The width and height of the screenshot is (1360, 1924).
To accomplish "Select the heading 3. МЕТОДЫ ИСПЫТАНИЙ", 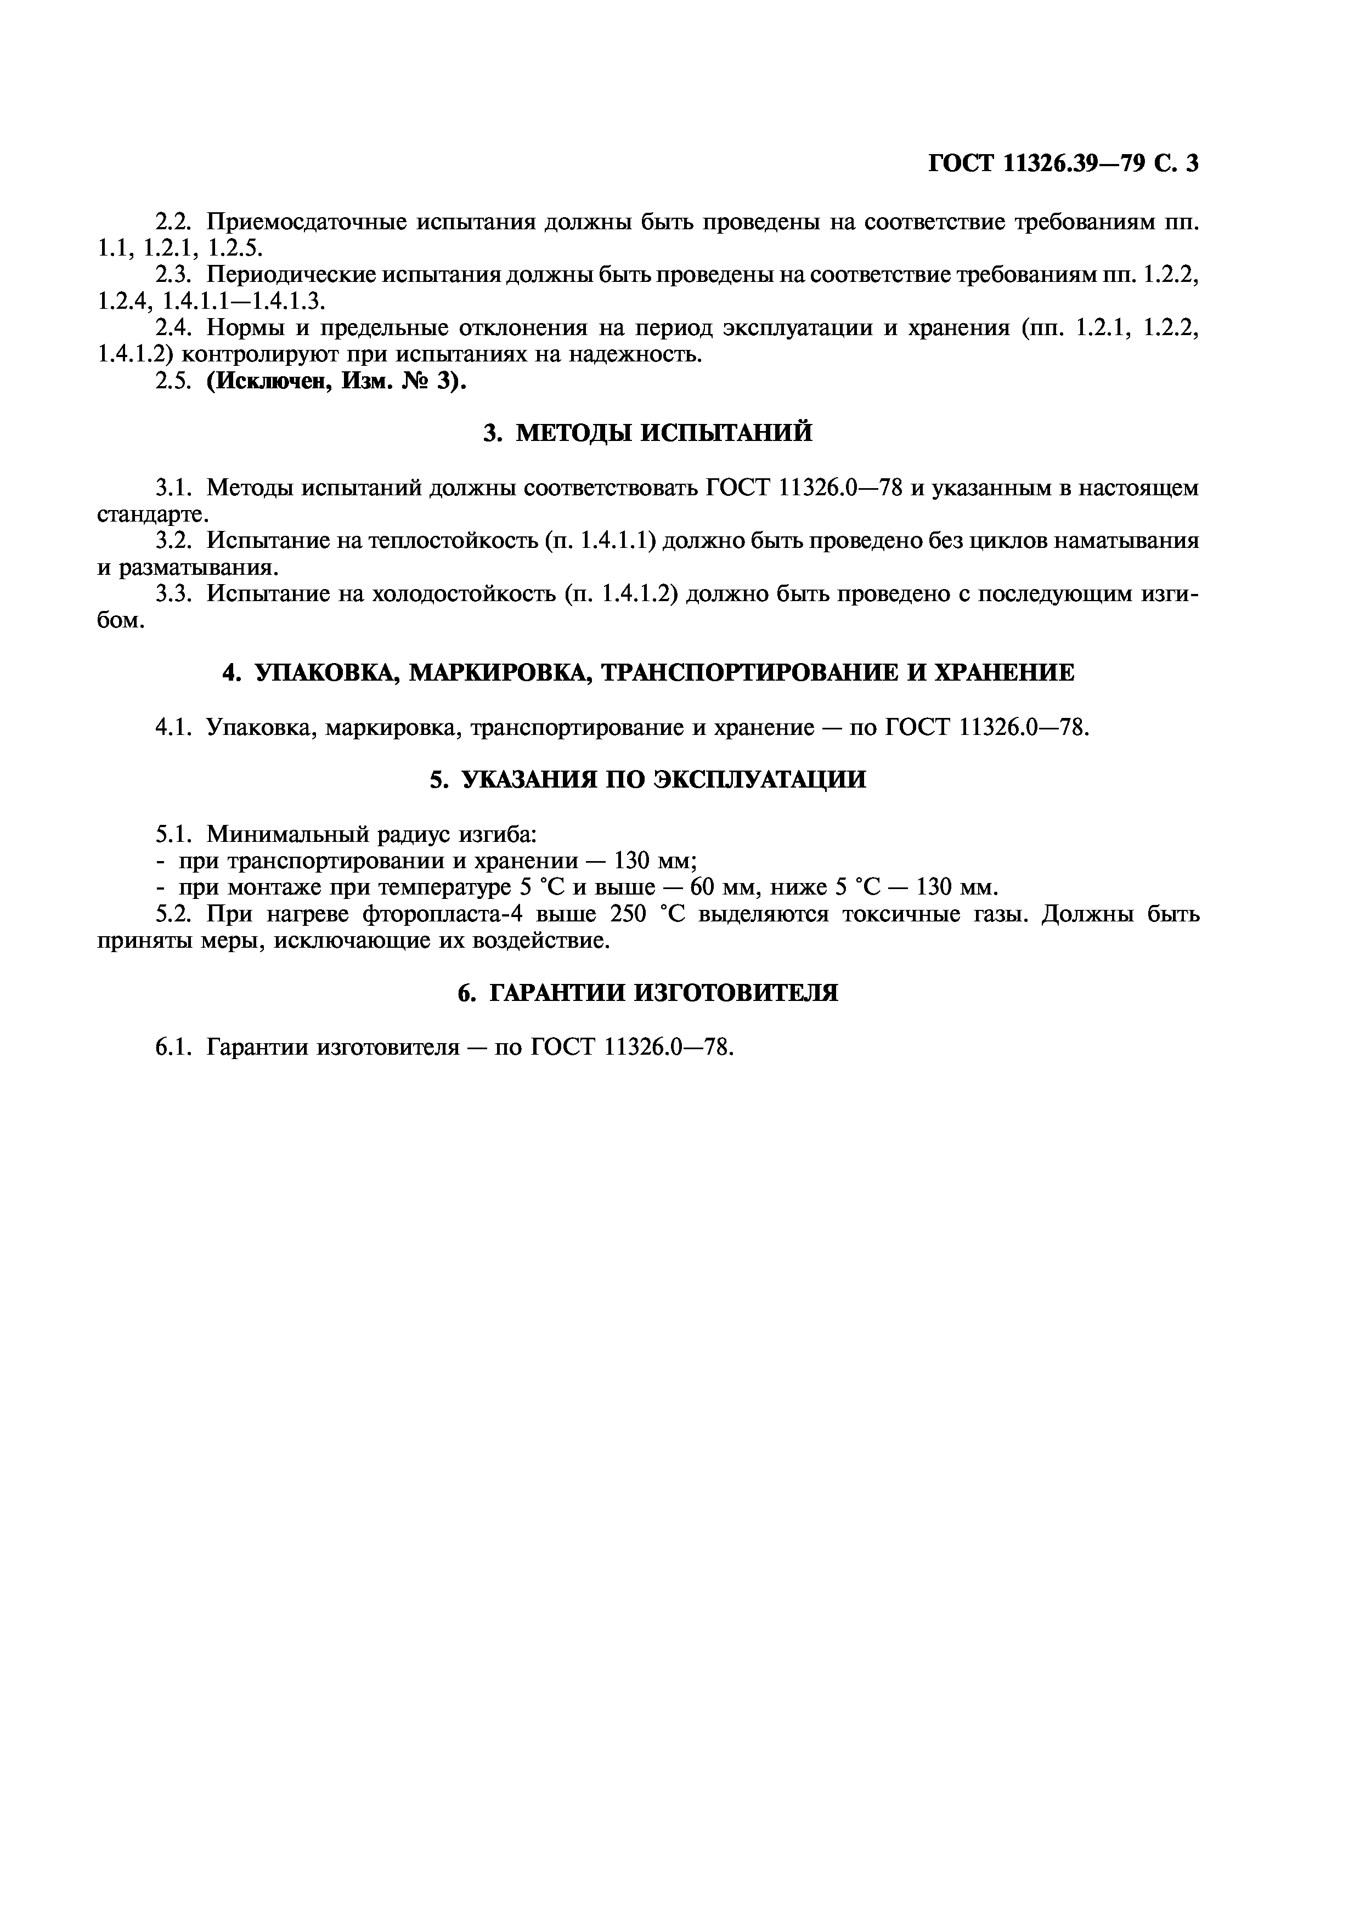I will (x=648, y=433).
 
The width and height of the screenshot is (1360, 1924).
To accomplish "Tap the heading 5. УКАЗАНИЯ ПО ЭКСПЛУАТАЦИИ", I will (x=648, y=779).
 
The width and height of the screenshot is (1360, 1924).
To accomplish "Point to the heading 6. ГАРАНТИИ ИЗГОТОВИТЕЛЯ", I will (x=648, y=993).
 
